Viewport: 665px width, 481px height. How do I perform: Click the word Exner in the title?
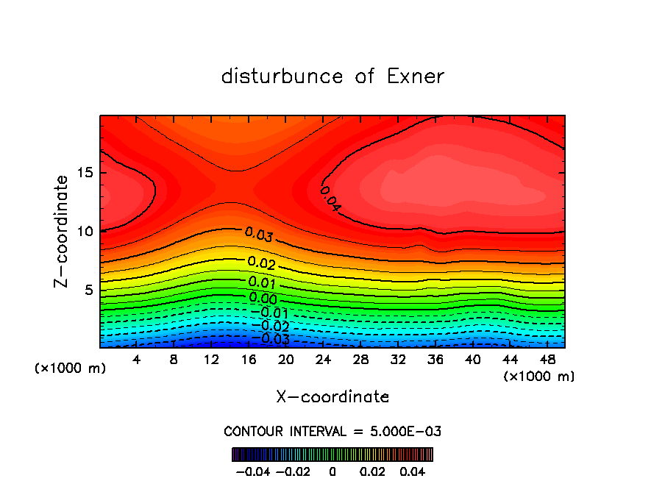tap(412, 76)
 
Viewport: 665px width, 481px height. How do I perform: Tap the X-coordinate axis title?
tap(332, 397)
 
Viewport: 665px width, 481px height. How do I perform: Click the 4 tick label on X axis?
tap(137, 360)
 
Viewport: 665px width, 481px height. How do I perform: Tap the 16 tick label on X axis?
tap(249, 360)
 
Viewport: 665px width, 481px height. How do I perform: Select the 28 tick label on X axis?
tap(360, 360)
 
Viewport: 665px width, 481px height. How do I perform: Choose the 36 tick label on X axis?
tap(435, 360)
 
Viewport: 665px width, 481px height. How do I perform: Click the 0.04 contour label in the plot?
tap(330, 199)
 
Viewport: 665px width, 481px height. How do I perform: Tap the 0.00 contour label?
tap(263, 298)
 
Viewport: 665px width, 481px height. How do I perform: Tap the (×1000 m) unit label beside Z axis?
tap(71, 368)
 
